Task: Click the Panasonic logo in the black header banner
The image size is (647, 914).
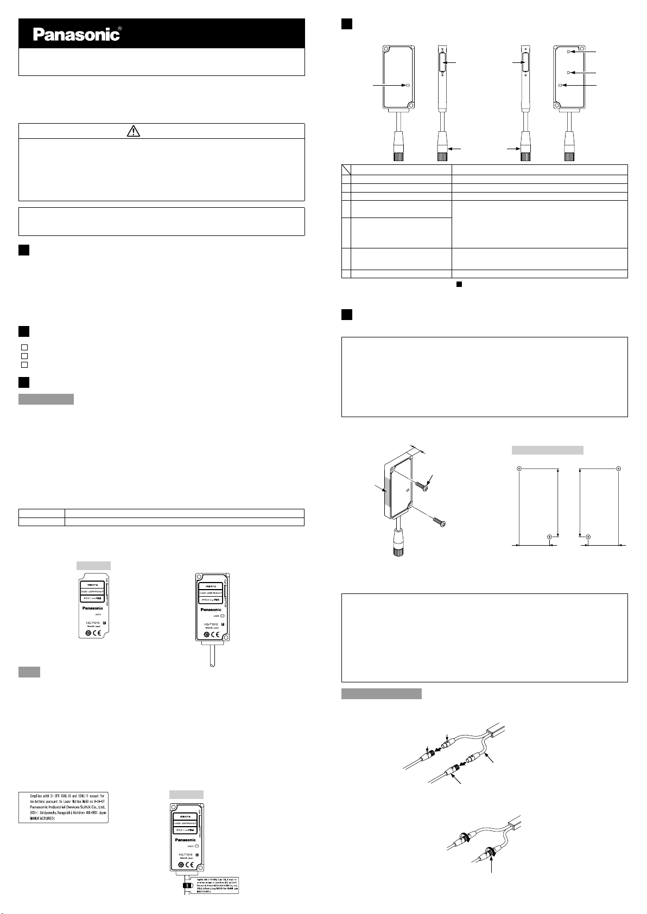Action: pyautogui.click(x=76, y=35)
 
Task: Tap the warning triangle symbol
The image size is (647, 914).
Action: pyautogui.click(x=134, y=131)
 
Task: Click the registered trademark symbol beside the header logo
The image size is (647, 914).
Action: pyautogui.click(x=119, y=28)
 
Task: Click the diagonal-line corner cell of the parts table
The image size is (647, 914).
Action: pyautogui.click(x=346, y=169)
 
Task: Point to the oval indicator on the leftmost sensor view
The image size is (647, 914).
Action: pyautogui.click(x=405, y=85)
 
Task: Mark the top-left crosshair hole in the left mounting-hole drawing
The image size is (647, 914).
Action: pyautogui.click(x=519, y=468)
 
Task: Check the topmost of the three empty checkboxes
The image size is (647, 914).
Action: pyautogui.click(x=24, y=347)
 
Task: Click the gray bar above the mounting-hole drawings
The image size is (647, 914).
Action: pyautogui.click(x=548, y=450)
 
